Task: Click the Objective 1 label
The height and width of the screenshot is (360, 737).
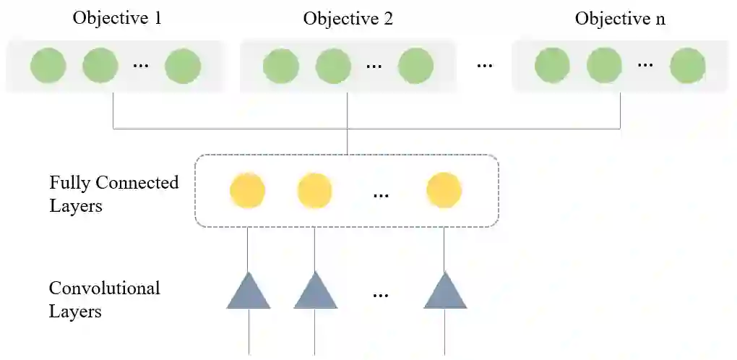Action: coord(117,18)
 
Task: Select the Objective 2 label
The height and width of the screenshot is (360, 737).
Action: coord(348,18)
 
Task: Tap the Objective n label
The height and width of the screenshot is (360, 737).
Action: coord(620,18)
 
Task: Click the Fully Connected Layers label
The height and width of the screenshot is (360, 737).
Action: coord(113,194)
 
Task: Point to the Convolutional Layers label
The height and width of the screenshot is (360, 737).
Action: coord(104,300)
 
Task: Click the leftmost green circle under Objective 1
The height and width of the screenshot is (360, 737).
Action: coord(48,66)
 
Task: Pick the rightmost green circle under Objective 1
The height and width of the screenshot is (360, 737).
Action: coord(182,66)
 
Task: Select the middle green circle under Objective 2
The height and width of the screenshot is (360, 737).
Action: coord(334,66)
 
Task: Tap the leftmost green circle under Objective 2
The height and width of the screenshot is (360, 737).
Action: coord(281,66)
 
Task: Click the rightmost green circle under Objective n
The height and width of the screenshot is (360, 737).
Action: coord(687,66)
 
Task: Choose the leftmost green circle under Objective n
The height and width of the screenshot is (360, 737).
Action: coord(553,66)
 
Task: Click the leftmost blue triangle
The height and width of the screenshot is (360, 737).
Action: coord(249,293)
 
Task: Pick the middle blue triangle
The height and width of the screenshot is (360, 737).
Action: coord(315,293)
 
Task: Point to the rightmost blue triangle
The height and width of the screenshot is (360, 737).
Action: coord(445,293)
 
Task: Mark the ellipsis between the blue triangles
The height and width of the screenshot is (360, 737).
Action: coord(381,295)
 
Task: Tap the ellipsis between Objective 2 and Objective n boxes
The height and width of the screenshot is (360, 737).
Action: coord(484,66)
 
